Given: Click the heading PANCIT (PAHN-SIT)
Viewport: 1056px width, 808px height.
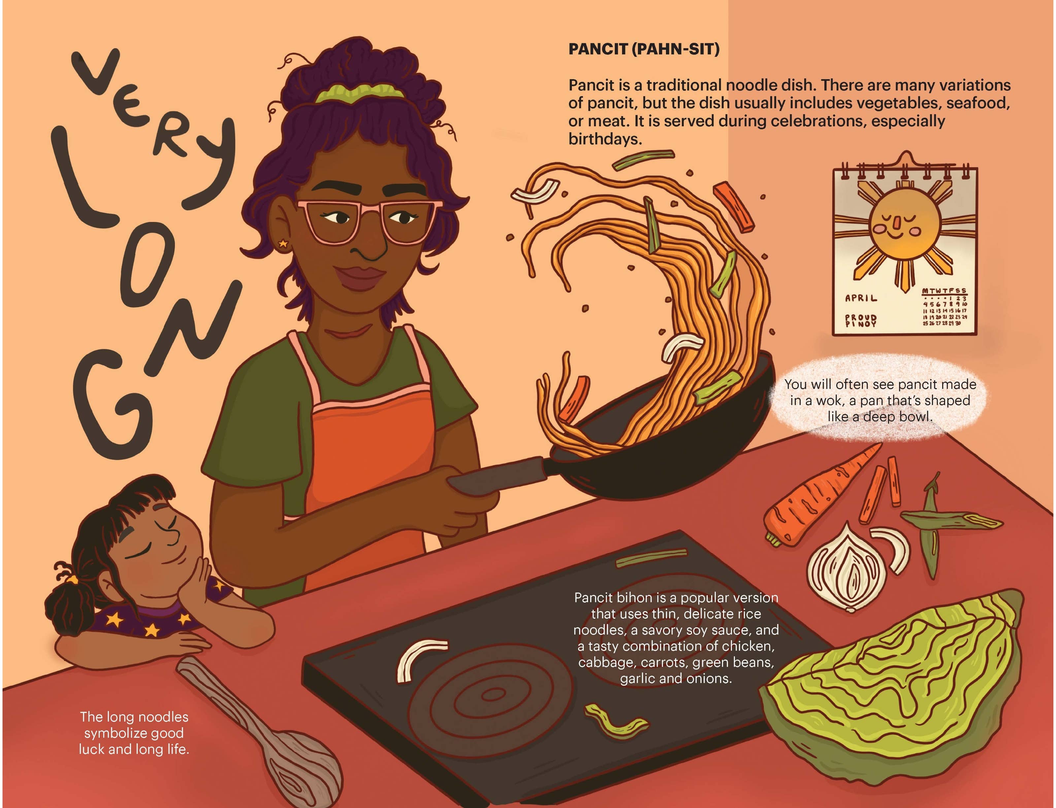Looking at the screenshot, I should pyautogui.click(x=643, y=49).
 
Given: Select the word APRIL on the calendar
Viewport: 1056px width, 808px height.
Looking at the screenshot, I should pyautogui.click(x=861, y=298).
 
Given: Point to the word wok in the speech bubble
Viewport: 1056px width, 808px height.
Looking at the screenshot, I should pyautogui.click(x=824, y=401).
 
